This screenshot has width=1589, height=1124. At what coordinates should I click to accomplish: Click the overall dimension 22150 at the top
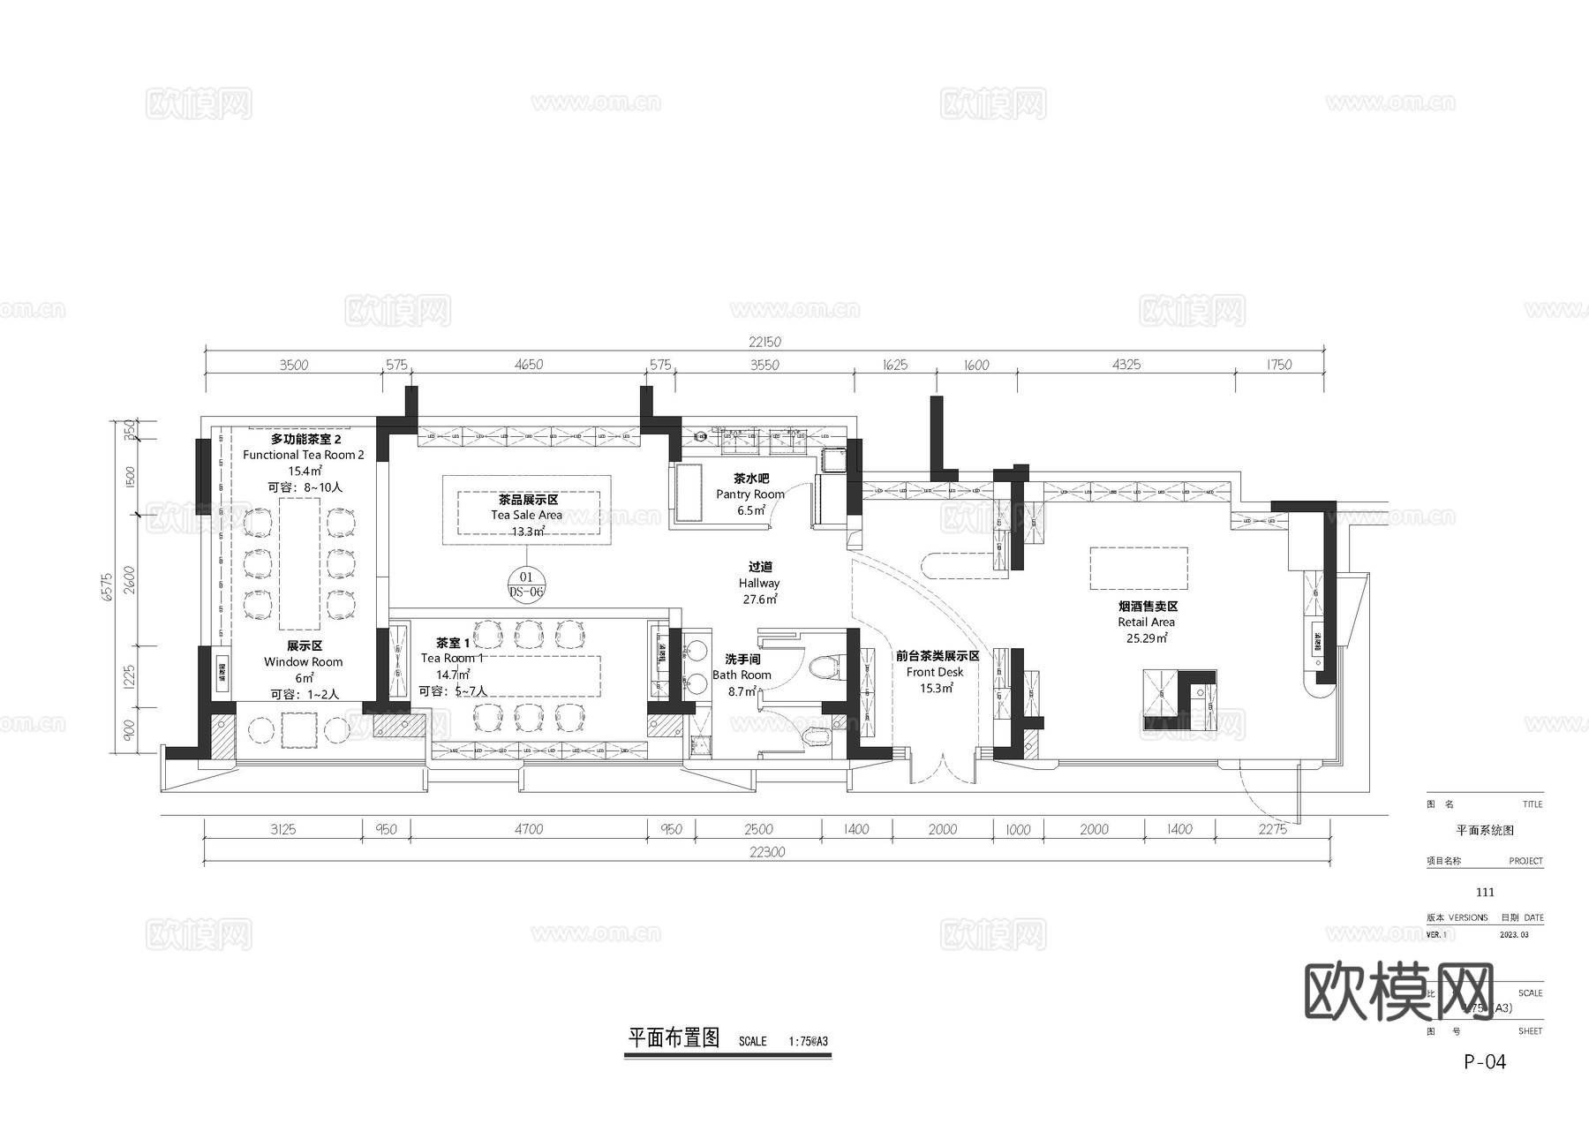pos(764,342)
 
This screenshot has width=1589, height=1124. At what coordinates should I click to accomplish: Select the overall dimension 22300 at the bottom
pos(766,852)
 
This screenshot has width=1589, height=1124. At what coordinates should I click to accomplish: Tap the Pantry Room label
pos(750,494)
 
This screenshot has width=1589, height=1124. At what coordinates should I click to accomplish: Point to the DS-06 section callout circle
pos(526,585)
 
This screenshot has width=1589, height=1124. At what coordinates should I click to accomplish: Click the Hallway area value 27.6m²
pos(759,600)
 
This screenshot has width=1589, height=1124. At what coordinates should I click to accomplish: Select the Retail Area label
pos(1146,622)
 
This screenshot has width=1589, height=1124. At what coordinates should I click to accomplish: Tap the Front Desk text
pos(935,672)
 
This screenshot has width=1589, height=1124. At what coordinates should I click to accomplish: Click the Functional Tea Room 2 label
pos(304,455)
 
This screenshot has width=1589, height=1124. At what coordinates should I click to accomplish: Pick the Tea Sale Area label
pos(526,515)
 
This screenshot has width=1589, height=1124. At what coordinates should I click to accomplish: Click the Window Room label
pos(303,661)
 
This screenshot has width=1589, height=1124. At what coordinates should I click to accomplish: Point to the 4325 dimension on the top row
pos(1126,365)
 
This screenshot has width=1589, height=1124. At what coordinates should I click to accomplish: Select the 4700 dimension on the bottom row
pos(528,829)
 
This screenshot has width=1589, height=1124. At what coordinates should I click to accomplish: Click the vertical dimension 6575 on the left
pos(108,587)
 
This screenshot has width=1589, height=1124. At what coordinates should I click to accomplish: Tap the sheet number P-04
pos(1485,1062)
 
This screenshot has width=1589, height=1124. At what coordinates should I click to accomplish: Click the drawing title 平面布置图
pos(674,1038)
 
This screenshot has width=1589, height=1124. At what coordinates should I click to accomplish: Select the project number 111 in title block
pos(1485,893)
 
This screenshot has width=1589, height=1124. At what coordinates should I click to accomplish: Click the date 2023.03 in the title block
pos(1514,934)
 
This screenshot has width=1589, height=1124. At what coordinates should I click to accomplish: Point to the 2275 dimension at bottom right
pos(1272,829)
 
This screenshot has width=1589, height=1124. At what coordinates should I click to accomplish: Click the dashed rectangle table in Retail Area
pos(1138,569)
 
